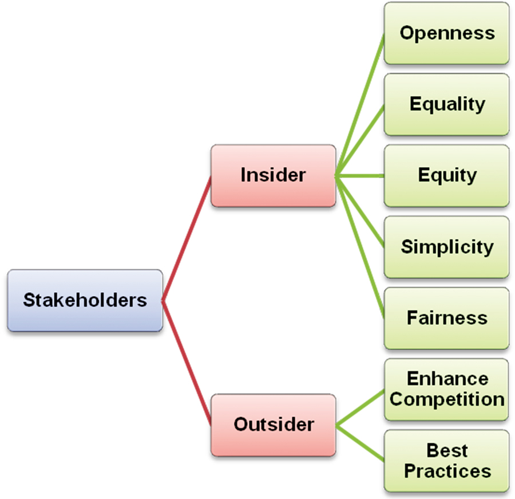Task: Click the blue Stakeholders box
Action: click(x=85, y=300)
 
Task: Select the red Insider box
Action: click(x=273, y=175)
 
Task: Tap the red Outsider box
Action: click(x=273, y=425)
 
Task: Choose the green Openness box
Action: click(x=446, y=33)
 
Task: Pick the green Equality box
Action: click(x=446, y=104)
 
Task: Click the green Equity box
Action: click(x=446, y=175)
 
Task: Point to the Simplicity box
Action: click(x=446, y=247)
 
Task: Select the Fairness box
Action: click(x=446, y=318)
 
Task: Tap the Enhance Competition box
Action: click(x=446, y=389)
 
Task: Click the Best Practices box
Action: click(x=446, y=461)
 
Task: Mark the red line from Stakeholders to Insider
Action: click(x=187, y=238)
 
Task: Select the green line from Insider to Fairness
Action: click(x=359, y=247)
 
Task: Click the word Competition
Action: click(x=447, y=399)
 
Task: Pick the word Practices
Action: click(x=447, y=471)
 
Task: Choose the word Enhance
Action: click(x=447, y=379)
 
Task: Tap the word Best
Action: click(x=447, y=450)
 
